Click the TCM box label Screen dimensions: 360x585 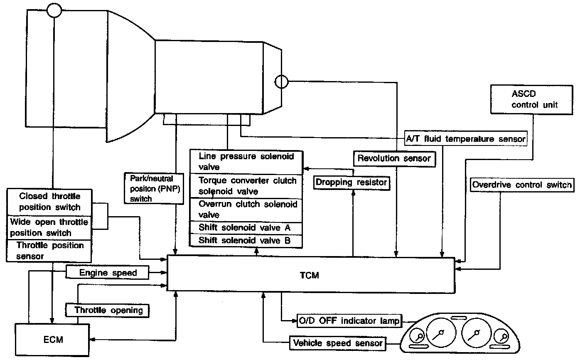coord(310,275)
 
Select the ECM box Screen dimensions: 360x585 coord(53,340)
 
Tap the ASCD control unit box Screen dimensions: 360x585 coord(531,100)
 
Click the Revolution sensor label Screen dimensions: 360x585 coord(394,158)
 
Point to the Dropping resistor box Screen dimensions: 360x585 coord(351,182)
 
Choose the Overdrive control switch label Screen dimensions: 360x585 coord(521,185)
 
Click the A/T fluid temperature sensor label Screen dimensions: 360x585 coord(465,139)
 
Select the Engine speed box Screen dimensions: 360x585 coord(108,273)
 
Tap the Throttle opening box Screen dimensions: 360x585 coord(108,310)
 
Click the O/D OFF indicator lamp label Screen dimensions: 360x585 coord(349,321)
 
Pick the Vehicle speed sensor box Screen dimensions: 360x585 coord(337,343)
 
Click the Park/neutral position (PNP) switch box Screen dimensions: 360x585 coord(154,188)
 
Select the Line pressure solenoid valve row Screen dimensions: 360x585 coord(246,162)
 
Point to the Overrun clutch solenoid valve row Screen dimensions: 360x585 coord(246,210)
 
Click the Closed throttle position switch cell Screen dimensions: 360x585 coord(49,202)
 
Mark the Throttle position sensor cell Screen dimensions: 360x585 coord(49,251)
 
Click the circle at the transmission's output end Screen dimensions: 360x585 coord(282,81)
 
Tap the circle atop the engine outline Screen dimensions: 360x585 coord(54,10)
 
